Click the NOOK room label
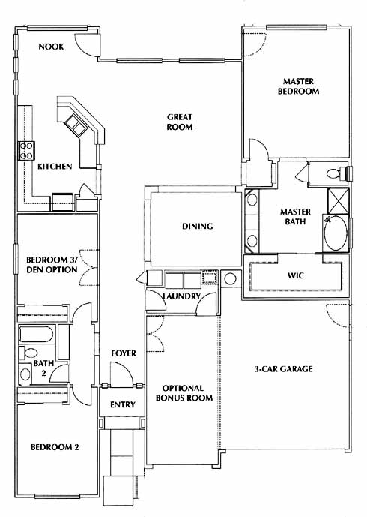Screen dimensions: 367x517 click(x=51, y=47)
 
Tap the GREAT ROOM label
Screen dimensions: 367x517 click(x=180, y=122)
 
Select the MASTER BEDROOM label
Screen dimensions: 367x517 click(x=298, y=86)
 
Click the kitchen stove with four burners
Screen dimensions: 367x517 click(x=27, y=150)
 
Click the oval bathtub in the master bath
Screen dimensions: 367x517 click(x=335, y=233)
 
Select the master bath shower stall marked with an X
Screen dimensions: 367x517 click(x=338, y=201)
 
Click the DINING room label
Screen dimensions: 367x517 click(x=198, y=226)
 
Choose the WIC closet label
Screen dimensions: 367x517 click(x=296, y=275)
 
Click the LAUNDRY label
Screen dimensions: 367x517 click(x=182, y=296)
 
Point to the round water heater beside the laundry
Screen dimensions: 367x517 click(x=230, y=278)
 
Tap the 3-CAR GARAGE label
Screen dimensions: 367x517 click(x=283, y=368)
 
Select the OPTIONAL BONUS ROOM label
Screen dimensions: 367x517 click(x=184, y=393)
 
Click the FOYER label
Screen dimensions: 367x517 click(x=124, y=353)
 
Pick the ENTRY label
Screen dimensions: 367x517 click(x=122, y=404)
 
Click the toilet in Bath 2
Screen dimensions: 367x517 click(x=28, y=353)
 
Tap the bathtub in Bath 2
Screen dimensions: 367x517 click(x=36, y=334)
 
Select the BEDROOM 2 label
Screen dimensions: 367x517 click(x=55, y=447)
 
